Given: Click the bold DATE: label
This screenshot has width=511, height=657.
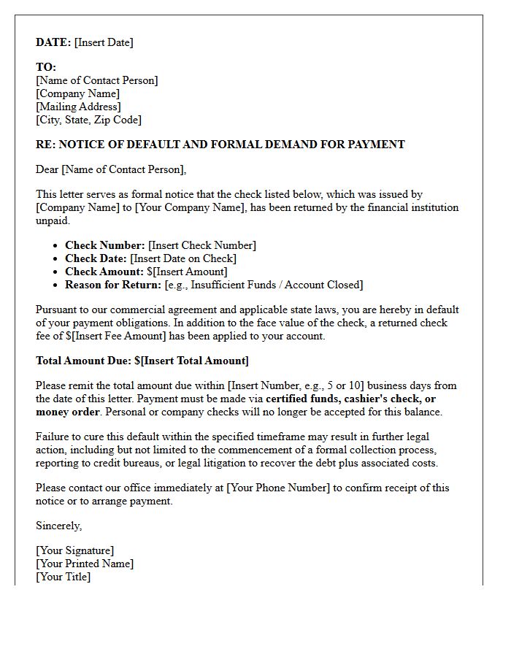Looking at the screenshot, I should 53,42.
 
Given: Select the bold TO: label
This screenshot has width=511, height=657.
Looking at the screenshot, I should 46,67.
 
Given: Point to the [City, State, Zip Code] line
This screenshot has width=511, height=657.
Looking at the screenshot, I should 88,120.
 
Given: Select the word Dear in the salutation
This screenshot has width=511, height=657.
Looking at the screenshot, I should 47,169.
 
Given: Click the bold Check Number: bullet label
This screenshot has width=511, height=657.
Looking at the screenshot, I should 105,245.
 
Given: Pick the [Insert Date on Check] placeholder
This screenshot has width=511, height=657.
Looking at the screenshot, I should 183,258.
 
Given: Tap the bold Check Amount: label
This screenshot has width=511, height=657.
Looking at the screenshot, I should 104,272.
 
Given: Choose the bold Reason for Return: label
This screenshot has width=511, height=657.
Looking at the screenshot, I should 113,285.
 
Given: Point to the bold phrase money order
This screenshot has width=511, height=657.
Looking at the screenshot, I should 67,412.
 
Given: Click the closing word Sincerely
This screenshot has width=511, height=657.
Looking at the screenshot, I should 58,526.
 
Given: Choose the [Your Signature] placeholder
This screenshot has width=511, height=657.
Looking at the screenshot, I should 74,550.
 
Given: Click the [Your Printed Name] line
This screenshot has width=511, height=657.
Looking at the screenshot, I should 85,564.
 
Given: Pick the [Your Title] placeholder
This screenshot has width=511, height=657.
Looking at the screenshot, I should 63,577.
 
